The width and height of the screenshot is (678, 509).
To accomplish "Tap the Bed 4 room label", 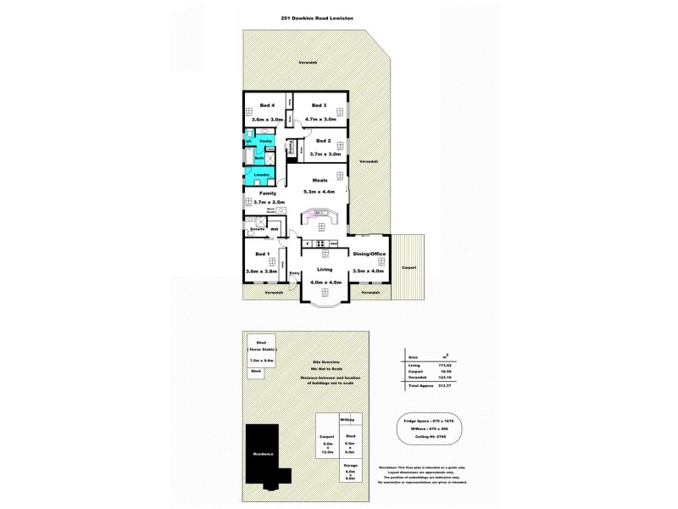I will [x=255, y=105].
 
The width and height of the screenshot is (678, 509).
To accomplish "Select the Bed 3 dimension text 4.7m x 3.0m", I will [x=320, y=120].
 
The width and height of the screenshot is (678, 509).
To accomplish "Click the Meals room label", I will [x=320, y=181].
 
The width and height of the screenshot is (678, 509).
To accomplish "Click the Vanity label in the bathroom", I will [x=265, y=141].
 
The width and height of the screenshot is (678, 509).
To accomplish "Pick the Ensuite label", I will [x=258, y=229].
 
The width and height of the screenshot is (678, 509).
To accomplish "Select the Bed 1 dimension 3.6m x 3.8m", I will [x=263, y=271].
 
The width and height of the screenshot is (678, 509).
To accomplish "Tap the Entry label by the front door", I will [x=295, y=273].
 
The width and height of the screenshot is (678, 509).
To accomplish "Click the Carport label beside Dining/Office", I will [x=409, y=266].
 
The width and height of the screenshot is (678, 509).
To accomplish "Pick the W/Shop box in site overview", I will [x=346, y=420].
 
